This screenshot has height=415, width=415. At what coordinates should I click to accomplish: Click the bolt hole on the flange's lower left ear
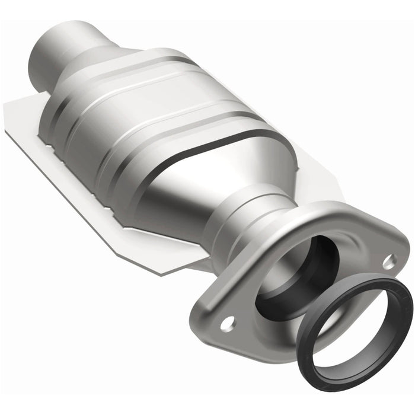click(226, 324)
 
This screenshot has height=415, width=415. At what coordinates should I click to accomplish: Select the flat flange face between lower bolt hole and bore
click(249, 308)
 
